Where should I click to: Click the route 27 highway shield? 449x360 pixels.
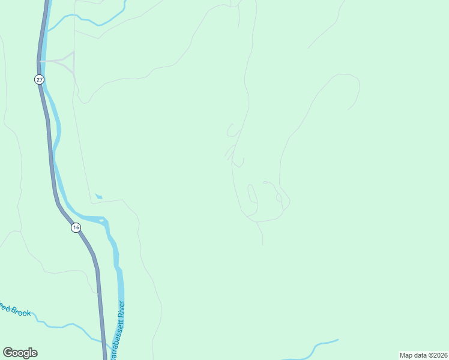(x=39, y=79)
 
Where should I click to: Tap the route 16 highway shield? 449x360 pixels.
(x=75, y=227)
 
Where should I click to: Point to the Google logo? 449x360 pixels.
(x=20, y=353)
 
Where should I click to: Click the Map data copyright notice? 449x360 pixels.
(x=423, y=355)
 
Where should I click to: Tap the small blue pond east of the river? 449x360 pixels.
(x=98, y=196)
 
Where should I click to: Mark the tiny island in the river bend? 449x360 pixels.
(x=101, y=221)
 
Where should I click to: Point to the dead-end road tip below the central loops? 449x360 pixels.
(x=262, y=243)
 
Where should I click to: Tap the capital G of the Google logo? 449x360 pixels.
(x=8, y=353)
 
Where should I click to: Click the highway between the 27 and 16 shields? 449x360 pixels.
(x=50, y=150)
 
